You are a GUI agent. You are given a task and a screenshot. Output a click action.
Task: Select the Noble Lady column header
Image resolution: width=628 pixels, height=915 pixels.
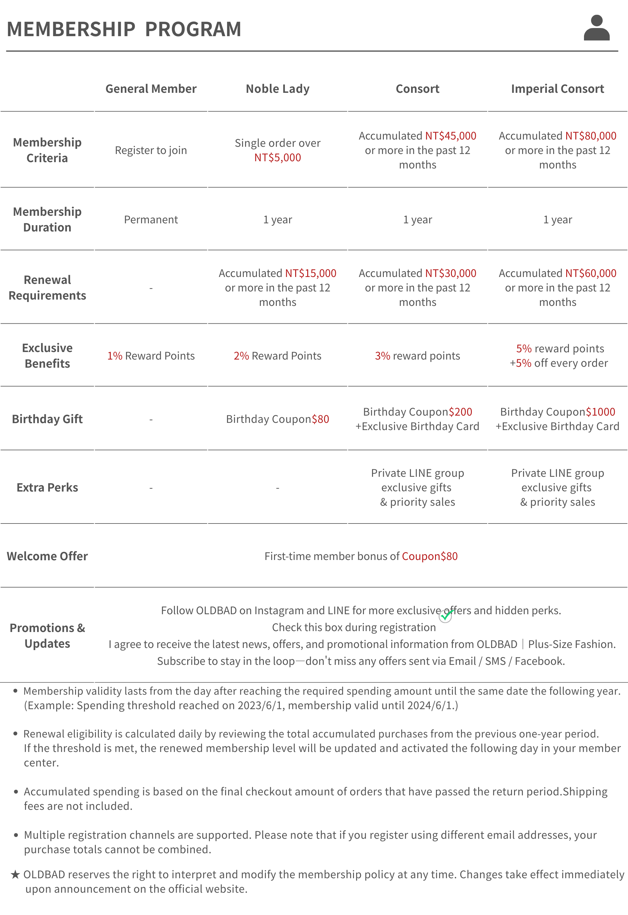click(x=277, y=89)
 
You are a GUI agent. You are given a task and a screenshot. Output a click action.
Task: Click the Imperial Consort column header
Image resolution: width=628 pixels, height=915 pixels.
click(x=557, y=89)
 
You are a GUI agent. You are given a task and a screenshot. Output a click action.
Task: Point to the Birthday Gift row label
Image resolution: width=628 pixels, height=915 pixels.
click(x=47, y=419)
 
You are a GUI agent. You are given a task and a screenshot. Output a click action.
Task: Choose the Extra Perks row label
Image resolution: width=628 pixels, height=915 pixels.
click(x=47, y=487)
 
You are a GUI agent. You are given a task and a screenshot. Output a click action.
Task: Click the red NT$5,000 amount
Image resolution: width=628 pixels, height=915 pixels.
click(x=277, y=158)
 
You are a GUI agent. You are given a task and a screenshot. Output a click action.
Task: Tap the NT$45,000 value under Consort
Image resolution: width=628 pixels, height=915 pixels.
click(x=450, y=136)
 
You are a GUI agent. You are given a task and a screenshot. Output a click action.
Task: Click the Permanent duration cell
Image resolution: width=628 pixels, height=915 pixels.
click(x=151, y=220)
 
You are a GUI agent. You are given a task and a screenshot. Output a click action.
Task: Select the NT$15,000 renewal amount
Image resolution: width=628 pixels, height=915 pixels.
click(x=311, y=273)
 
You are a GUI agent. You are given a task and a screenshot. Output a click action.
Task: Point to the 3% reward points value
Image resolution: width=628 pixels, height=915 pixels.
click(x=382, y=356)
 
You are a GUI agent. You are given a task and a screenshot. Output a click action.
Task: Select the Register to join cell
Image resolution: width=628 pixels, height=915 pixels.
click(x=151, y=150)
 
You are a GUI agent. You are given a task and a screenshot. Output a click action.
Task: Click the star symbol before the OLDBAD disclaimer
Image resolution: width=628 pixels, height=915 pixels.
click(x=15, y=874)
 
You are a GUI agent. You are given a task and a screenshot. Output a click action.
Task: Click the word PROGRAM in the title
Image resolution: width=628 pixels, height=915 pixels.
click(x=193, y=29)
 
